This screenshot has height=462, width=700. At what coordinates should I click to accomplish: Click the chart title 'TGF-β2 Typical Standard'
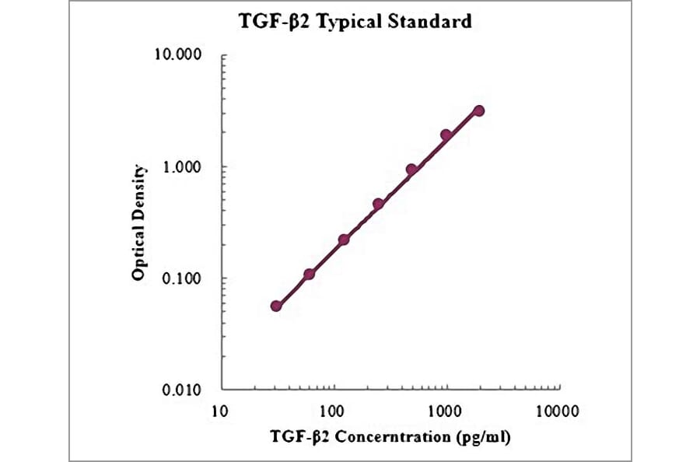(355, 22)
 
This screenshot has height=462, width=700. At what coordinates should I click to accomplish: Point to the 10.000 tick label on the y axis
(180, 57)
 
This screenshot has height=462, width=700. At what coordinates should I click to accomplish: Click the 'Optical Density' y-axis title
(139, 222)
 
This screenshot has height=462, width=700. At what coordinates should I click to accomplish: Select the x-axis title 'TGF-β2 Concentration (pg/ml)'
(390, 436)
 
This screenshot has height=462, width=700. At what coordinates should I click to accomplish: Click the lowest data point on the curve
(276, 306)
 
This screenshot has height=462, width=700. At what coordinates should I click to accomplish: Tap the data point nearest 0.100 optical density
(310, 274)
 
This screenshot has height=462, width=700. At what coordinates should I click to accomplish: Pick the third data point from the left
(344, 240)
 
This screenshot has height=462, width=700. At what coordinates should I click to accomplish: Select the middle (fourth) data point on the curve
(378, 204)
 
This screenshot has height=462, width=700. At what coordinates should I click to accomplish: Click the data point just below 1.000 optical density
(411, 170)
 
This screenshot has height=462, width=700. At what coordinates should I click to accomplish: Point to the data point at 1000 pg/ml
(446, 135)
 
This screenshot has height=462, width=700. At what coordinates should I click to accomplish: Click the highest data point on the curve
(479, 110)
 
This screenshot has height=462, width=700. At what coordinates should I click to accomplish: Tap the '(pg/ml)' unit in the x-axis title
(481, 436)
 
